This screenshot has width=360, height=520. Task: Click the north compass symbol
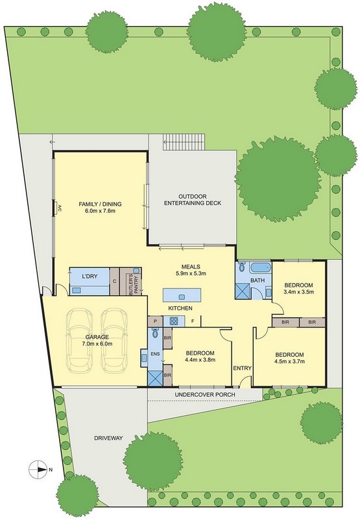38,469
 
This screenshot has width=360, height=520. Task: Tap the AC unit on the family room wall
56,209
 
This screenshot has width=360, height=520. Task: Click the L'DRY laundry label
90,276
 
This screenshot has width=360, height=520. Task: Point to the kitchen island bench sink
182,296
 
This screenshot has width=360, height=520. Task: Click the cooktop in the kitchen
174,321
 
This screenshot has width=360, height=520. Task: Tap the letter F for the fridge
193,321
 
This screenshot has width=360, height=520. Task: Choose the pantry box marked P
155,321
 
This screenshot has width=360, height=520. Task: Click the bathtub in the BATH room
261,268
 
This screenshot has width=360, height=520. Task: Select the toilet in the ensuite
155,332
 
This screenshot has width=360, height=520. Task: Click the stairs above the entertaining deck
184,142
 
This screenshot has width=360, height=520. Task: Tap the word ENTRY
242,368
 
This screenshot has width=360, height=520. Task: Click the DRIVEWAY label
108,438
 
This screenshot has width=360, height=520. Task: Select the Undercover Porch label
205,395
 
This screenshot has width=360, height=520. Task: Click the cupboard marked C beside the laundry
114,281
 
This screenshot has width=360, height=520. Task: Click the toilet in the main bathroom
241,266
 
